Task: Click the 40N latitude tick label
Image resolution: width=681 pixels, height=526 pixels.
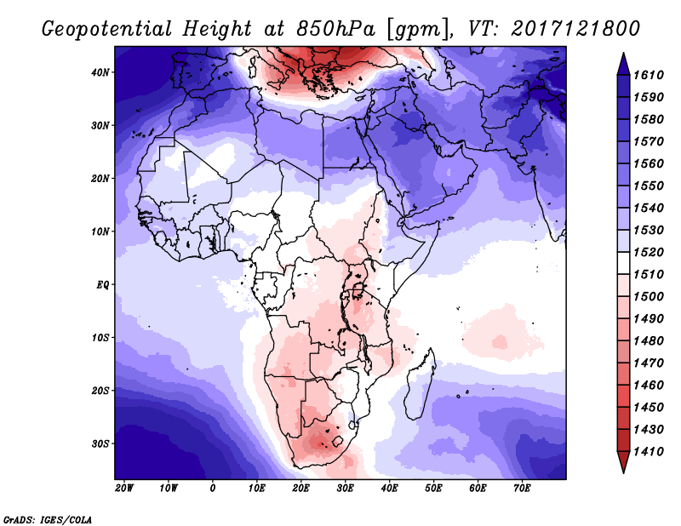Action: click(x=100, y=72)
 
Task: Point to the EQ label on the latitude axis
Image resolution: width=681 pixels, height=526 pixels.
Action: click(x=102, y=285)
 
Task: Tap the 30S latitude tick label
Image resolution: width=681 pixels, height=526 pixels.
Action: click(x=100, y=444)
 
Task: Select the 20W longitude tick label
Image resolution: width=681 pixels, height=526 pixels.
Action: click(x=124, y=489)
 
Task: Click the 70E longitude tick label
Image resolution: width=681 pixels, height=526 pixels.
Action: click(x=522, y=489)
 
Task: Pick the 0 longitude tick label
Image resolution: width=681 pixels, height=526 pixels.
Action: click(x=212, y=489)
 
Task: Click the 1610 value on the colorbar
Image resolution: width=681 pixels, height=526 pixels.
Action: click(x=649, y=75)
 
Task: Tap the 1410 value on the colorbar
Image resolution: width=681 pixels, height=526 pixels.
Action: click(x=649, y=452)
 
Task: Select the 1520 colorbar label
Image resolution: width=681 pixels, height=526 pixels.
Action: click(x=649, y=252)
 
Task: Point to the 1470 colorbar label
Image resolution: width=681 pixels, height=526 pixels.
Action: click(x=649, y=363)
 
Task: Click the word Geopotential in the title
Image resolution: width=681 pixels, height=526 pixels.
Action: click(x=107, y=29)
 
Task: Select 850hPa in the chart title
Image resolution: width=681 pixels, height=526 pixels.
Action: click(x=335, y=29)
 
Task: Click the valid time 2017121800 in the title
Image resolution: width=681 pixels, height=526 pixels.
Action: click(x=575, y=29)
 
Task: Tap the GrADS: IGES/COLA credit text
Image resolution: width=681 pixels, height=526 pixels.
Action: click(x=48, y=519)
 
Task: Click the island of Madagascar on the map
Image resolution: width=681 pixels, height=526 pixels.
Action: click(x=421, y=386)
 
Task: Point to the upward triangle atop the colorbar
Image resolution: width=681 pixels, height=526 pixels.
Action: click(x=623, y=64)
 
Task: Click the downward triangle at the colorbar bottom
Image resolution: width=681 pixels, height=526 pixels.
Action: click(x=623, y=462)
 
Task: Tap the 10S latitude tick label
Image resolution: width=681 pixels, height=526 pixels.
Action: click(x=100, y=338)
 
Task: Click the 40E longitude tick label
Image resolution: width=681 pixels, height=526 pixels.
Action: click(x=389, y=489)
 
